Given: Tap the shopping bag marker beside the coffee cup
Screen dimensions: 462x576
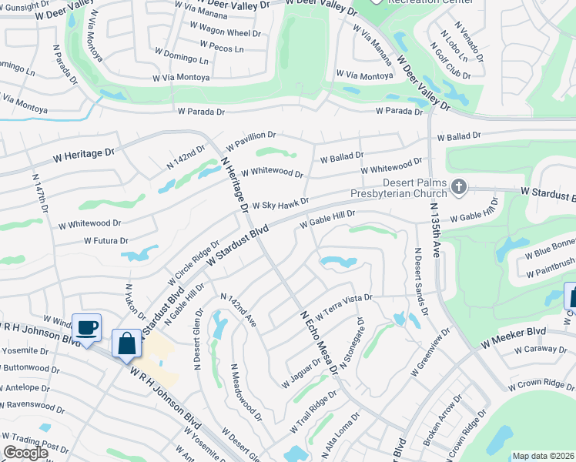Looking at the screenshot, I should (126, 343).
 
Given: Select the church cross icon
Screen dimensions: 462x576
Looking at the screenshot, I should (458, 186).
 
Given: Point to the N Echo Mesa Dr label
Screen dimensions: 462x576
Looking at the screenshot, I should (319, 342).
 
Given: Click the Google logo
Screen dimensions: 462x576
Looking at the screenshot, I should (25, 453).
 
